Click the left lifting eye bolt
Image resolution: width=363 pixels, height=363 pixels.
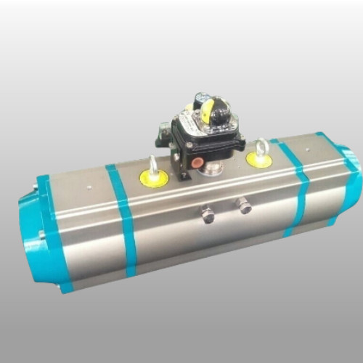tap(153, 166)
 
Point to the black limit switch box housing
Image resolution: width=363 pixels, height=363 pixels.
tap(200, 142)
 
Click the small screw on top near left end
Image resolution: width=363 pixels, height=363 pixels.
tap(88, 186)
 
